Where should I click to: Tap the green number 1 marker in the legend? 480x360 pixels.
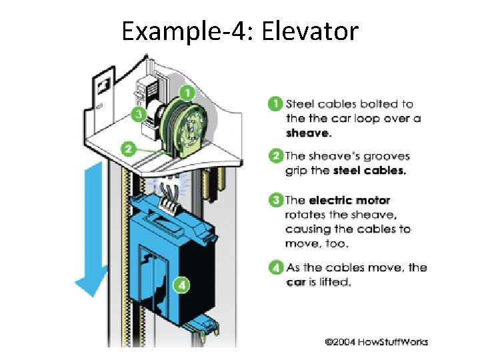[275, 104]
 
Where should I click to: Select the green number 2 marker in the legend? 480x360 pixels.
[275, 157]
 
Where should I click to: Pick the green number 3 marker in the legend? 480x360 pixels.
[275, 200]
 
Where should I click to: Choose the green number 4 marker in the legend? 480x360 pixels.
[275, 268]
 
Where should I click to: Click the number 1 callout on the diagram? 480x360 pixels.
[189, 92]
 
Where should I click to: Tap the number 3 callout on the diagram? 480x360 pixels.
[139, 114]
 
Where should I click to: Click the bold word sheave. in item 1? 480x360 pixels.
[308, 133]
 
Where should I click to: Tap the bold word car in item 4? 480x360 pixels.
[295, 282]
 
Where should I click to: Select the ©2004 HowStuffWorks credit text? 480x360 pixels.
[377, 342]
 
